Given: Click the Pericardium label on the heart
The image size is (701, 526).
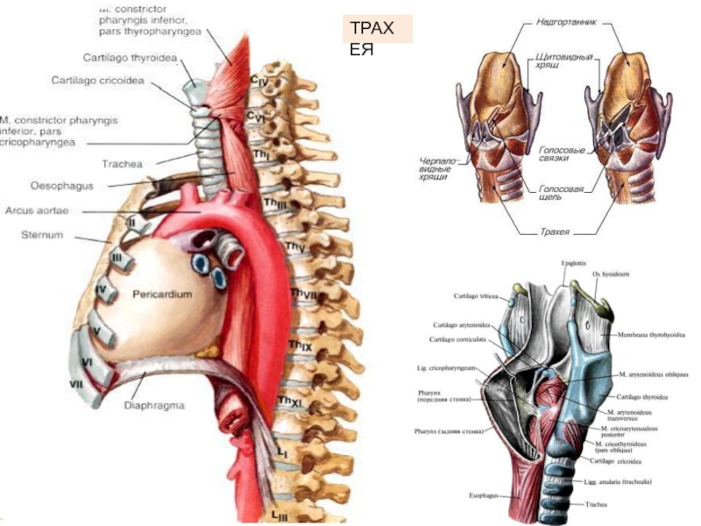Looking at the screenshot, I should pos(162,295).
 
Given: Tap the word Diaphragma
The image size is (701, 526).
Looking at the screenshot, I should pos(153,405).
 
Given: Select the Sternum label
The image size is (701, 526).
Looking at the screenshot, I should pos(41,235).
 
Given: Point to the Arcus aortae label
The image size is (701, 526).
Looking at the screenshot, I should pos(37,211).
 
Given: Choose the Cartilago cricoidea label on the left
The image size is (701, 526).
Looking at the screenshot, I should pos(99,80).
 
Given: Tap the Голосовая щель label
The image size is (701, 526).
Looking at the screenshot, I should pos(554,192).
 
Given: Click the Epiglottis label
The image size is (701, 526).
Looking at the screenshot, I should pos(574,262).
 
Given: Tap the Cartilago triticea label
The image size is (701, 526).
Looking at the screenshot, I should pos(477,296).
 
